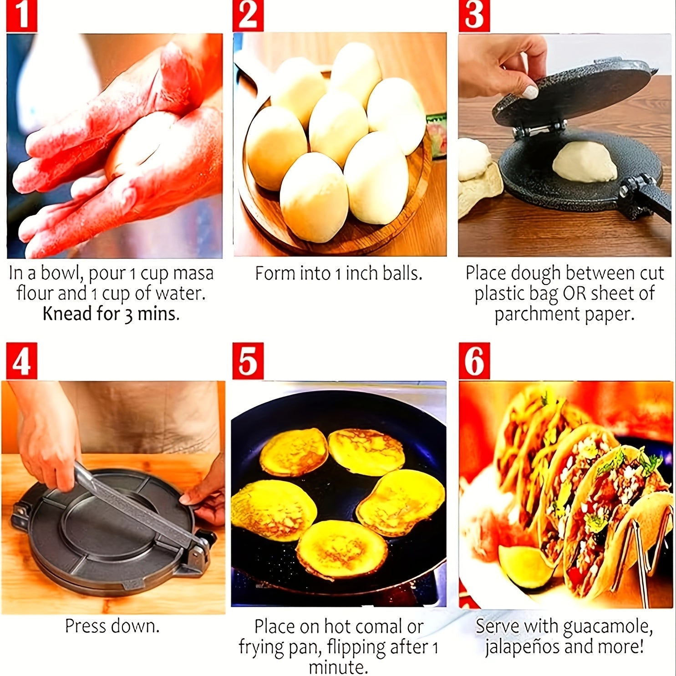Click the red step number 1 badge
pyautogui.click(x=21, y=16)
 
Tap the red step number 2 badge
pyautogui.click(x=248, y=16)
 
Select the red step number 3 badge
pyautogui.click(x=474, y=16)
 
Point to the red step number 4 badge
pyautogui.click(x=21, y=361)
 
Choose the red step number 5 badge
pyautogui.click(x=248, y=361)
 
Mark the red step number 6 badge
pyautogui.click(x=474, y=361)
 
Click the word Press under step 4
pyautogui.click(x=85, y=626)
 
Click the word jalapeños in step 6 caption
pyautogui.click(x=519, y=647)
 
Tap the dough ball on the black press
pyautogui.click(x=584, y=162)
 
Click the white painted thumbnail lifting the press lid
pyautogui.click(x=529, y=92)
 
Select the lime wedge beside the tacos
pyautogui.click(x=524, y=565)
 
